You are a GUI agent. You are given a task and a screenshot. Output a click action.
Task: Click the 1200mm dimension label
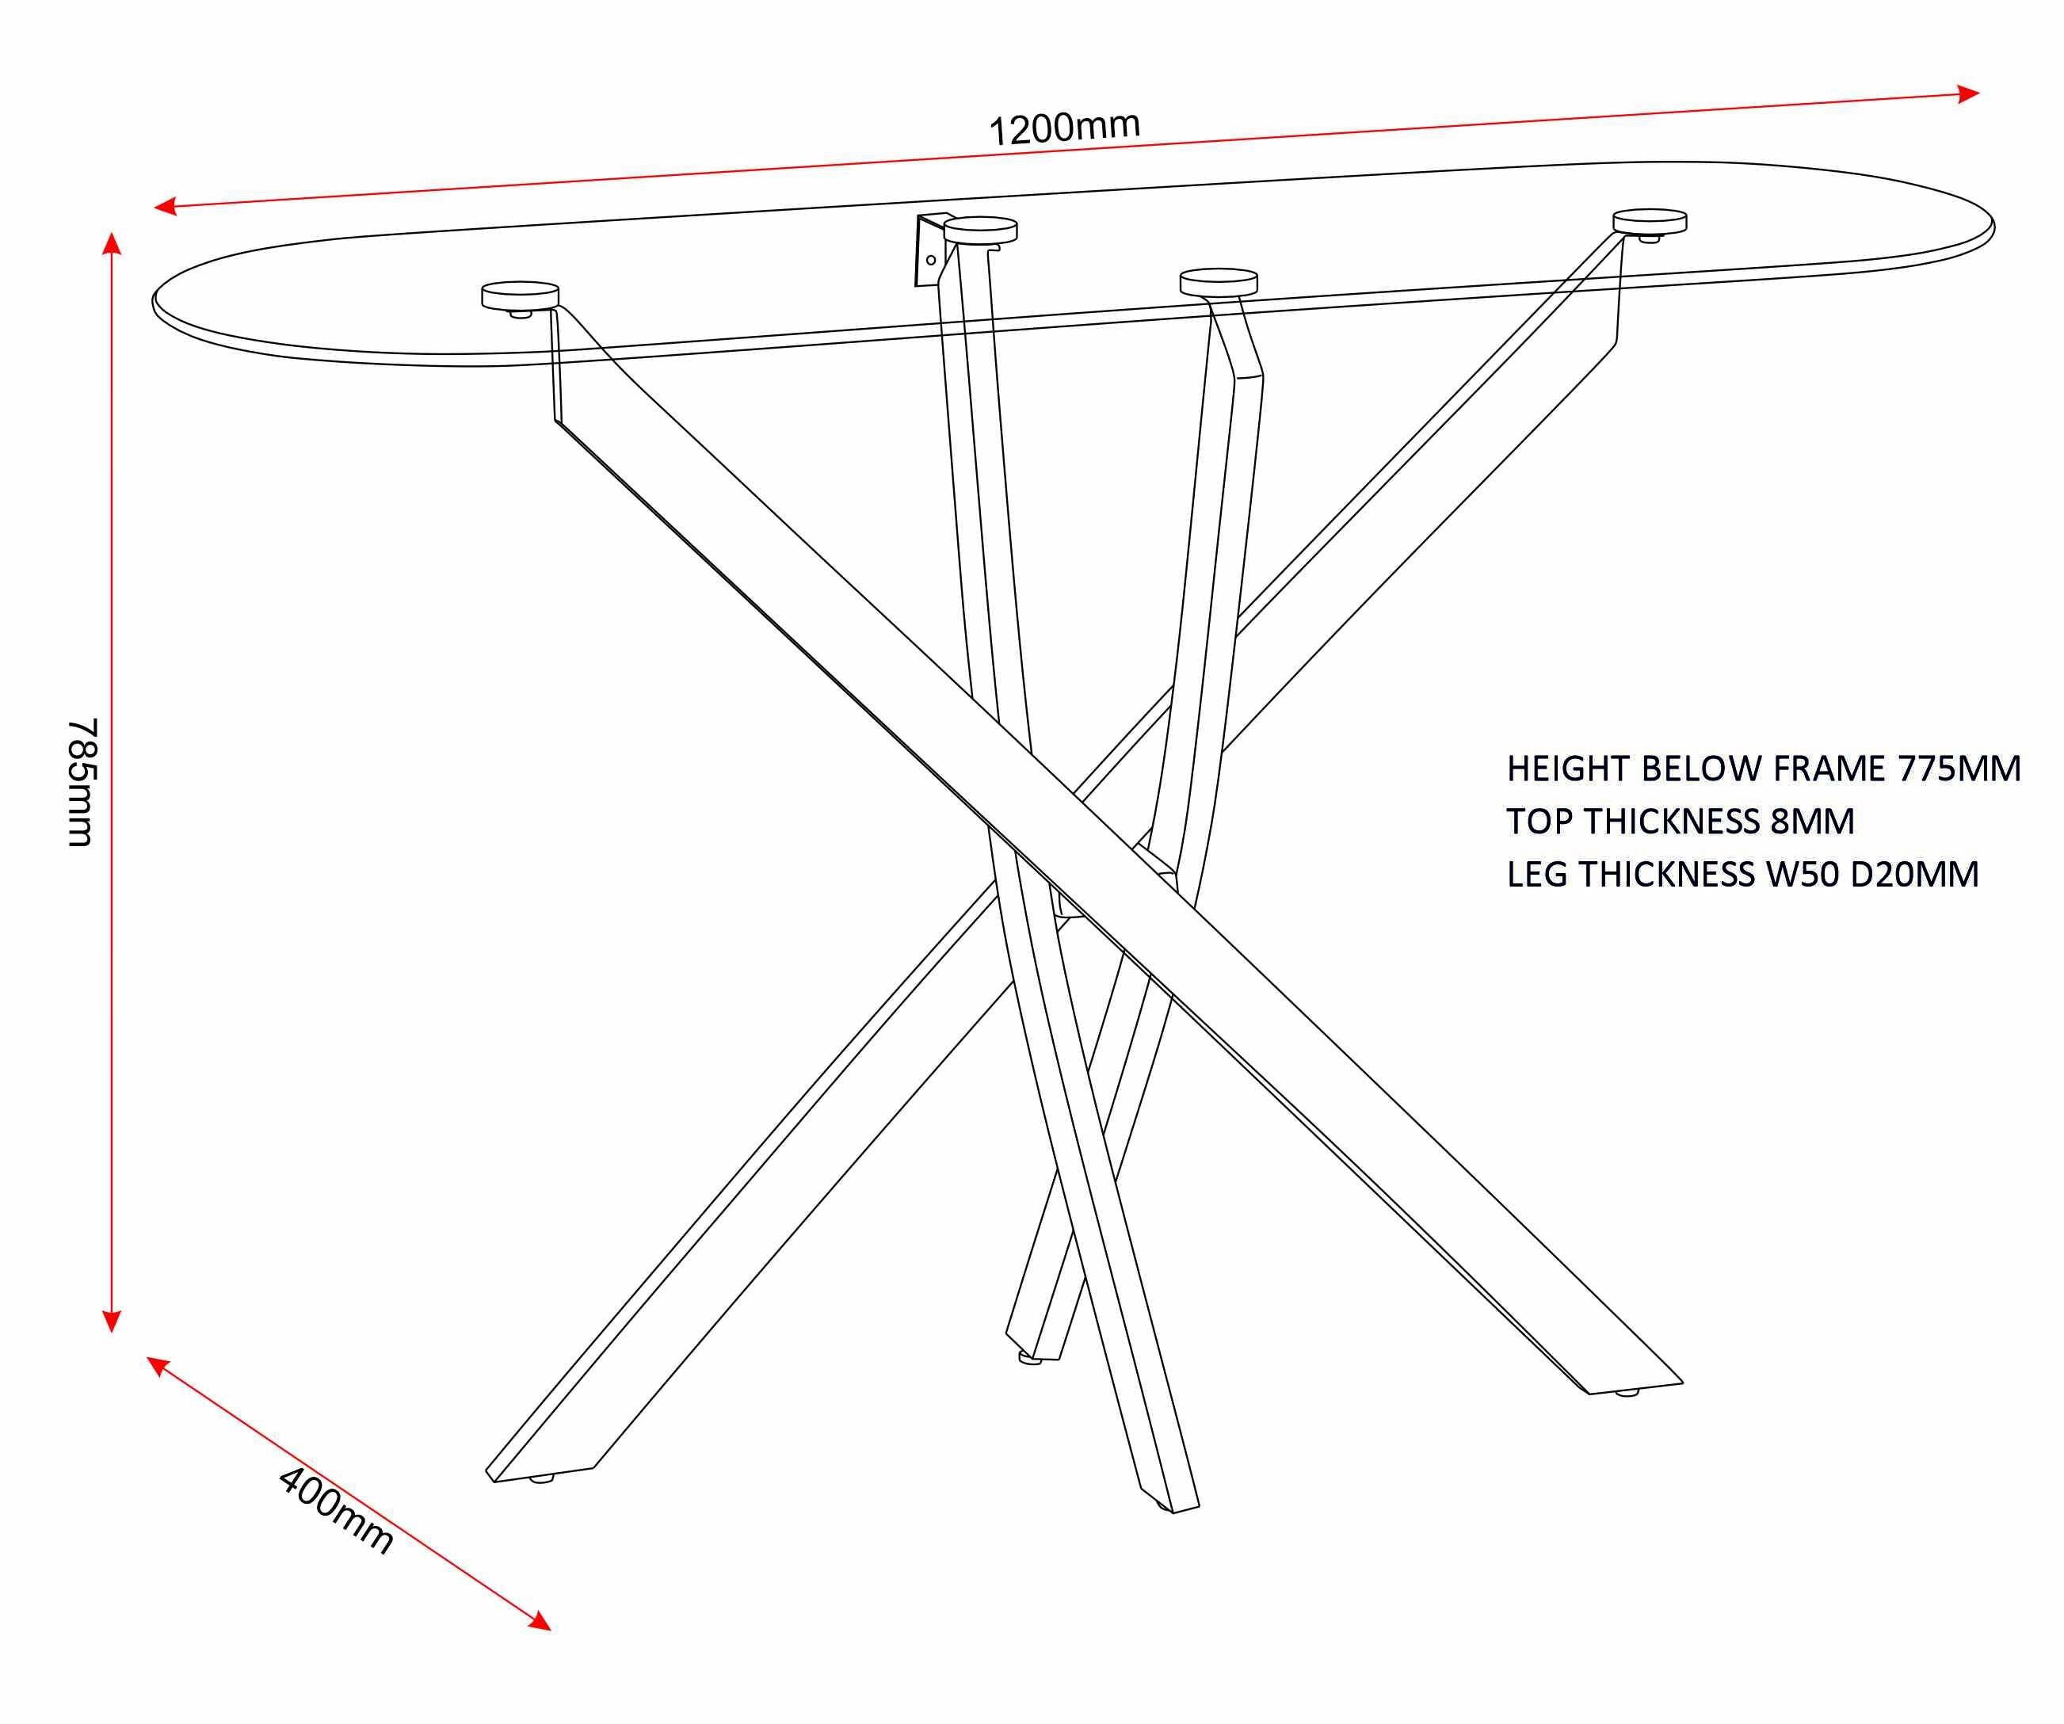pyautogui.click(x=1063, y=129)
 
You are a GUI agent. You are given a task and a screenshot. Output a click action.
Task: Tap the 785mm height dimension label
pyautogui.click(x=82, y=781)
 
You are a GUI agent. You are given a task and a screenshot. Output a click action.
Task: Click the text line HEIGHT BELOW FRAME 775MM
pyautogui.click(x=1763, y=769)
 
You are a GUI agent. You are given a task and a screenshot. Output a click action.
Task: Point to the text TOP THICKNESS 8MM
pyautogui.click(x=1680, y=822)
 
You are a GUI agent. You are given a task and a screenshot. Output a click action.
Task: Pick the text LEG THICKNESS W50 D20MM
pyautogui.click(x=1742, y=875)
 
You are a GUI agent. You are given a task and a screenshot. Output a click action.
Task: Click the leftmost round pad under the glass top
pyautogui.click(x=520, y=294)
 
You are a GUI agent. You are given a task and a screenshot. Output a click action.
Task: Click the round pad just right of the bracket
pyautogui.click(x=981, y=230)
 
